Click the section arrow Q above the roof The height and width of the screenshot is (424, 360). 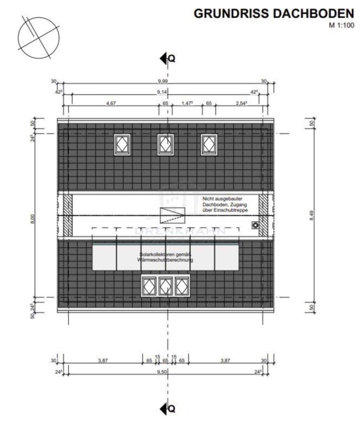point(168,58)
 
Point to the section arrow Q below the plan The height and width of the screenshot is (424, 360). point(168,408)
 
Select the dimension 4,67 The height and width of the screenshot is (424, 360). point(111,103)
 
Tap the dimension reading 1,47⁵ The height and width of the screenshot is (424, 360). point(188,103)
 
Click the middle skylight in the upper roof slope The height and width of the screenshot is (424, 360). point(165,145)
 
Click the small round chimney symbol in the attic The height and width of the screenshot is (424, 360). point(255,226)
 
